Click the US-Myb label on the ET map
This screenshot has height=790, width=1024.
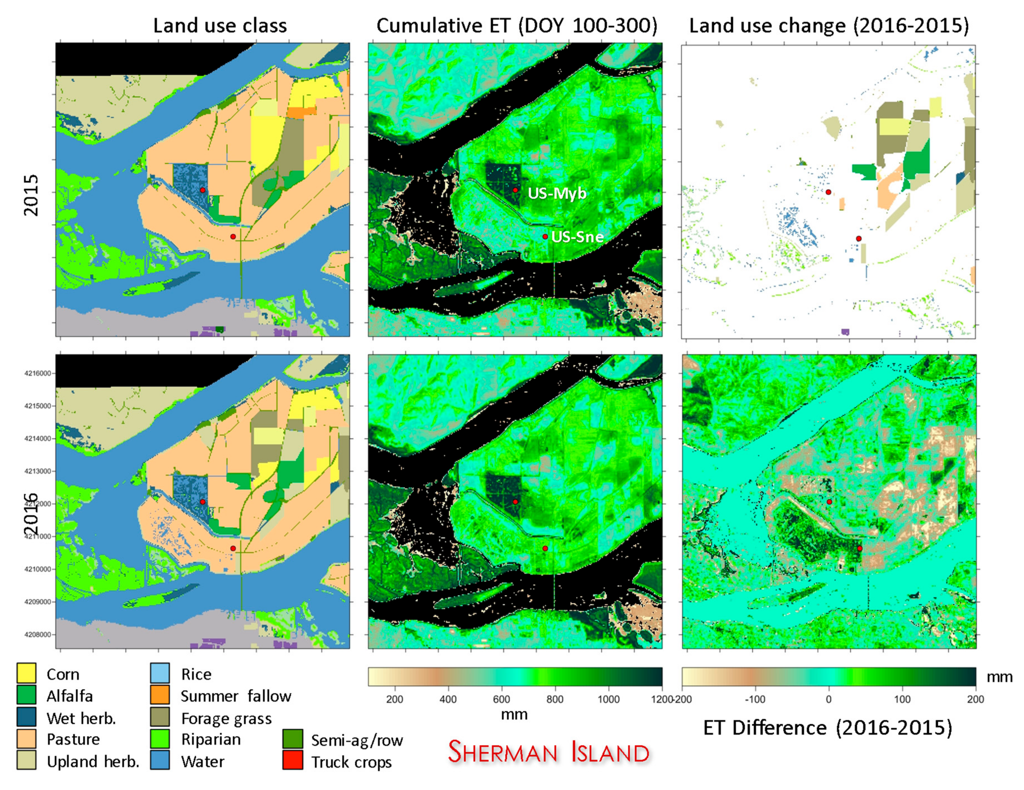coord(557,193)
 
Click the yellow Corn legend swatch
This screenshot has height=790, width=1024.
coord(26,673)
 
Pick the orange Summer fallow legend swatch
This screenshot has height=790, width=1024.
coord(160,695)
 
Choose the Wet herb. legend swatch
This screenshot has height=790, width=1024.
coord(26,717)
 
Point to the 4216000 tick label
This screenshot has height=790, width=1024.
coord(37,374)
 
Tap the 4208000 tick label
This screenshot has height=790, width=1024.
coord(37,634)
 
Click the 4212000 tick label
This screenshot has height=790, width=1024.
coord(37,504)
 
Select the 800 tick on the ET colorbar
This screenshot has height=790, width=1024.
coord(555,699)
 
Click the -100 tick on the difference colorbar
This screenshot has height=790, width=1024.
coord(755,699)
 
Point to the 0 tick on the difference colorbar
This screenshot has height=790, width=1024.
coord(829,699)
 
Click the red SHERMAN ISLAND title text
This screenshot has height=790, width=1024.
coord(548,752)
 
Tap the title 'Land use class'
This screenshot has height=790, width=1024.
coord(220,26)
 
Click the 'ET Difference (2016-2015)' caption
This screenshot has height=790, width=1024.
coord(827,728)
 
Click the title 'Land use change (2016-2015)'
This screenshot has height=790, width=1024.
coord(828,26)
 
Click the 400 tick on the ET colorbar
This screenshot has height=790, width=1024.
coord(448,699)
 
